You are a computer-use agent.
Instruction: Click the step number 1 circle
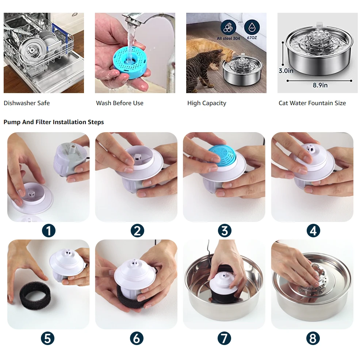[x=49, y=231]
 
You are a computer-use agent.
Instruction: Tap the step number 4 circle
[x=313, y=231]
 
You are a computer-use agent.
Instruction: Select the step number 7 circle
[x=224, y=338]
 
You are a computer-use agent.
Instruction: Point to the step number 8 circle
[x=313, y=338]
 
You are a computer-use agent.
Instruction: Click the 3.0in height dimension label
[x=286, y=71]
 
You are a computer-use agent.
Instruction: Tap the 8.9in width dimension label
[x=320, y=85]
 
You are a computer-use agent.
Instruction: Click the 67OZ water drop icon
[x=252, y=27]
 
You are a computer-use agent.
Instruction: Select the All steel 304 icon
[x=228, y=27]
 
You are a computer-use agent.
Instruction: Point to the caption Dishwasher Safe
[x=27, y=103]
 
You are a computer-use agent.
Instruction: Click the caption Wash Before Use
[x=120, y=103]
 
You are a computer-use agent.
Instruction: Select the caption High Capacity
[x=207, y=103]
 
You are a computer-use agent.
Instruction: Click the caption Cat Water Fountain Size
[x=312, y=103]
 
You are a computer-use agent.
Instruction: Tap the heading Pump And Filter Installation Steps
[x=54, y=122]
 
